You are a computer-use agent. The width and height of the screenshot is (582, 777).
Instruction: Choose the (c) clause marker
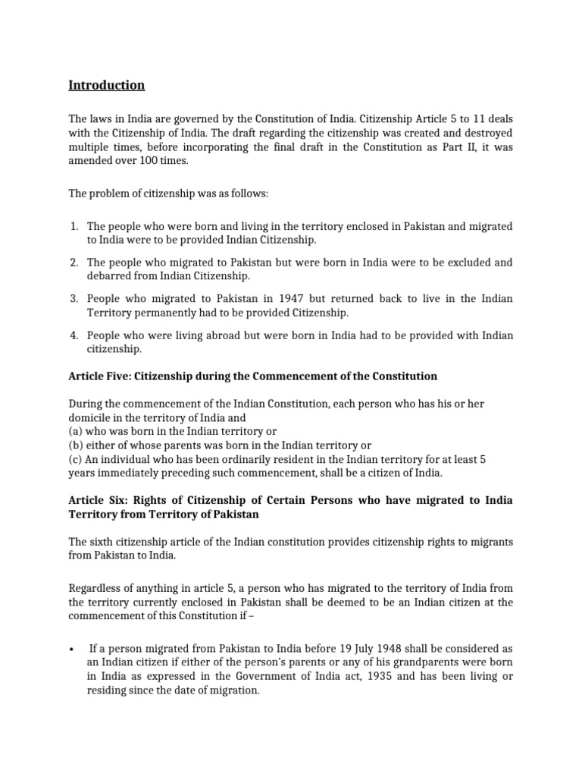[x=76, y=458]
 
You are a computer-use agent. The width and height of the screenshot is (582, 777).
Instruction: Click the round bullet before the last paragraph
[x=70, y=649]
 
